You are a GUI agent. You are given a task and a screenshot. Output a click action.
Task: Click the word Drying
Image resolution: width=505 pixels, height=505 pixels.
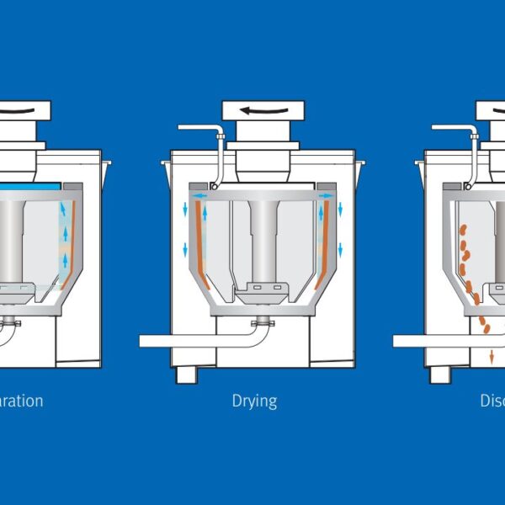pos(254,401)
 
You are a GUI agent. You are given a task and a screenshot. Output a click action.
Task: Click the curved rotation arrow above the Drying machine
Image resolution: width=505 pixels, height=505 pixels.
pos(263,109)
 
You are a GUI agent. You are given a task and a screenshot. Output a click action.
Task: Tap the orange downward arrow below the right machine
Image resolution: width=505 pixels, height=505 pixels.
pos(492,357)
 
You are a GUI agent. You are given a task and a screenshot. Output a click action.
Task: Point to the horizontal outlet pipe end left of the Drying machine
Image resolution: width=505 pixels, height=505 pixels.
pos(147,341)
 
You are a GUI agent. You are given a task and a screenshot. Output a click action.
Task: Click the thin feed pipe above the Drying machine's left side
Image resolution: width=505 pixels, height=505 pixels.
pos(198,128)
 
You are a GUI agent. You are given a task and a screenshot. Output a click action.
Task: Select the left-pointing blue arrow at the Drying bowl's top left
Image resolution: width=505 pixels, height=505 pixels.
pos(198,195)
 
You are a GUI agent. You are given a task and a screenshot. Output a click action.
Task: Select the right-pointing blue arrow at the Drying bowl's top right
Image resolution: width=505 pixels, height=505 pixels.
pos(327,195)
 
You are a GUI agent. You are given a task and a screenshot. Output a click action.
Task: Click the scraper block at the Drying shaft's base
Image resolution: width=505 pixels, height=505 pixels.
pos(263,293)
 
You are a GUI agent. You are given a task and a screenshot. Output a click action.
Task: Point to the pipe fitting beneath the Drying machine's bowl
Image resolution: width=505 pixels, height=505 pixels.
pos(263,322)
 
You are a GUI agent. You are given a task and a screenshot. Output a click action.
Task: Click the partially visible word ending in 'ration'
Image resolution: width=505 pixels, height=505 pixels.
pos(21,401)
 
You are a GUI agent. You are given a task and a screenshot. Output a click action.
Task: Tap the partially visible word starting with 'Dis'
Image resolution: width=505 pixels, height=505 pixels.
pos(492,401)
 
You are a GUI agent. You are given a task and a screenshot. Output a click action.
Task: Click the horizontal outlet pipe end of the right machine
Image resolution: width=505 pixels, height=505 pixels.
pos(402,341)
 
